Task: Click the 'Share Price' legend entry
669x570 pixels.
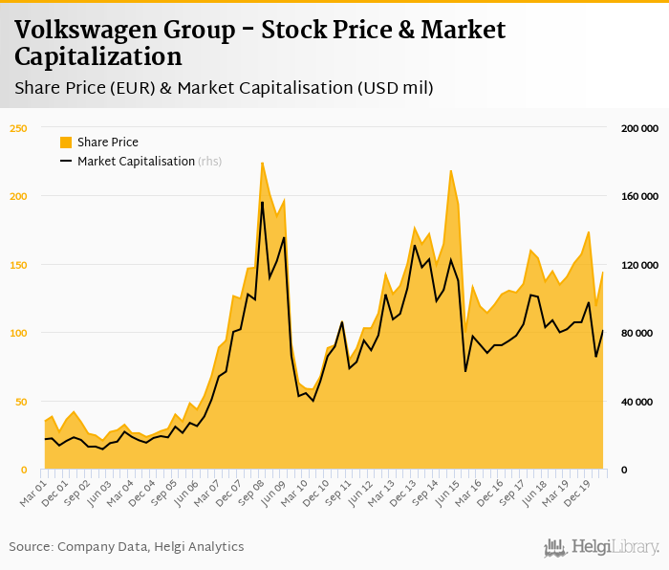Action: coord(107,142)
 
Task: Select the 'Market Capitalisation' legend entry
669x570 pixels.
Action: coord(136,162)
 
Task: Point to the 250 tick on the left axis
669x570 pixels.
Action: coord(20,127)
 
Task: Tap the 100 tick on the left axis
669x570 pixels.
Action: coord(20,333)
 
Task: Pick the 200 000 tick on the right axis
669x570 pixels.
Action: coord(634,127)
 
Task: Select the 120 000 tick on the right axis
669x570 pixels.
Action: coord(634,265)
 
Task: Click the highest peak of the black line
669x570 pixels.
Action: coord(262,202)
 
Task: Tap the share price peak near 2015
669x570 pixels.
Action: coord(450,170)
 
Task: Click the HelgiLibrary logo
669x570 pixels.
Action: coord(602,547)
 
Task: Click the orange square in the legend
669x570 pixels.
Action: coord(66,142)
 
